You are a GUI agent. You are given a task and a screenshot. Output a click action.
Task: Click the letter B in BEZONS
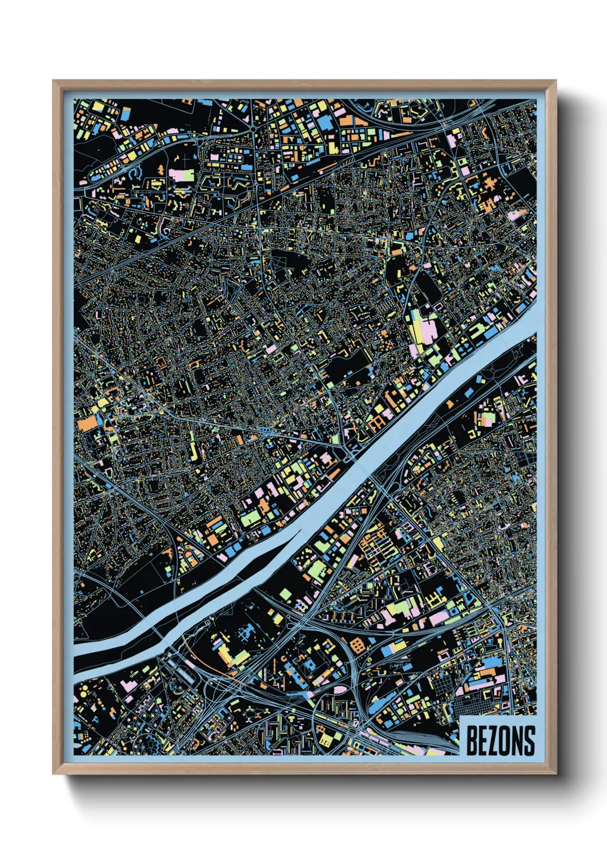tap(471, 741)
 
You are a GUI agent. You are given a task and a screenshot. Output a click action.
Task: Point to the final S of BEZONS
tap(529, 741)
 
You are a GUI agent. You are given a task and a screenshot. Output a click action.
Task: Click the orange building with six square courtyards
tap(357, 644)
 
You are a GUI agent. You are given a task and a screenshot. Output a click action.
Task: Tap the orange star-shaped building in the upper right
tap(489, 185)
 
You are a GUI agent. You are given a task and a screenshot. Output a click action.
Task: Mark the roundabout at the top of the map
tap(252, 130)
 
